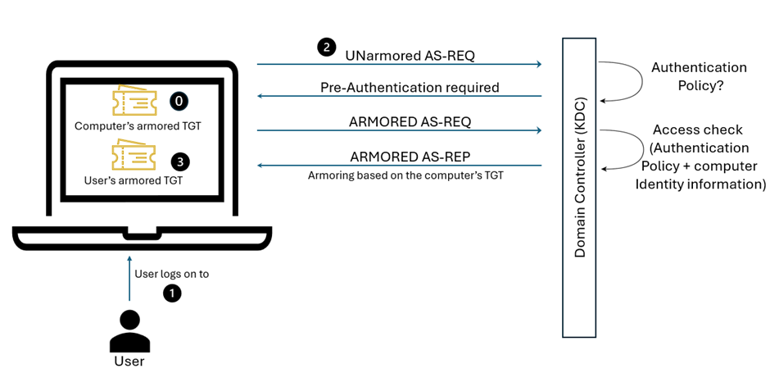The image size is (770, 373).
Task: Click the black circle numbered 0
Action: tap(179, 101)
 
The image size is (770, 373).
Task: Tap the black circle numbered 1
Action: tap(171, 292)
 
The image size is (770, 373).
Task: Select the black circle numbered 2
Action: tap(326, 47)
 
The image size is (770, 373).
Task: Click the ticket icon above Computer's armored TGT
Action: tap(134, 101)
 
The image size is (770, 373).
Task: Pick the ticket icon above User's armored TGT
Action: tap(134, 156)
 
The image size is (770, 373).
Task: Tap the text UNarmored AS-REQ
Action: tap(410, 55)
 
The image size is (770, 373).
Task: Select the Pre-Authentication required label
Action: tap(410, 87)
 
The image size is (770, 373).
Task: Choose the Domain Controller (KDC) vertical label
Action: tap(580, 187)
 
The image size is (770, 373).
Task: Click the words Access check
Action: tap(698, 130)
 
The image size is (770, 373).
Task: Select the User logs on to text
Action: tap(171, 274)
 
